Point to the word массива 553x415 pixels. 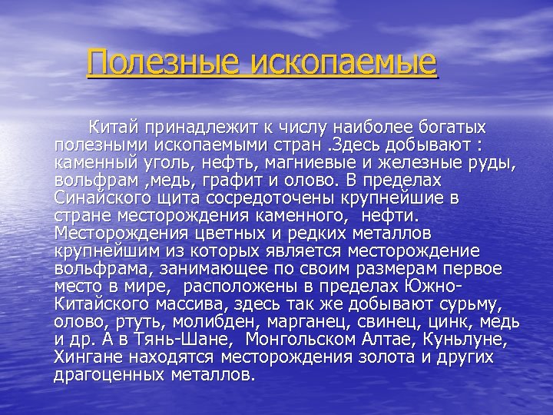pyautogui.click(x=206, y=304)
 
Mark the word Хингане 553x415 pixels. pyautogui.click(x=88, y=357)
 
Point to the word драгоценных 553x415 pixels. pyautogui.click(x=115, y=374)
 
